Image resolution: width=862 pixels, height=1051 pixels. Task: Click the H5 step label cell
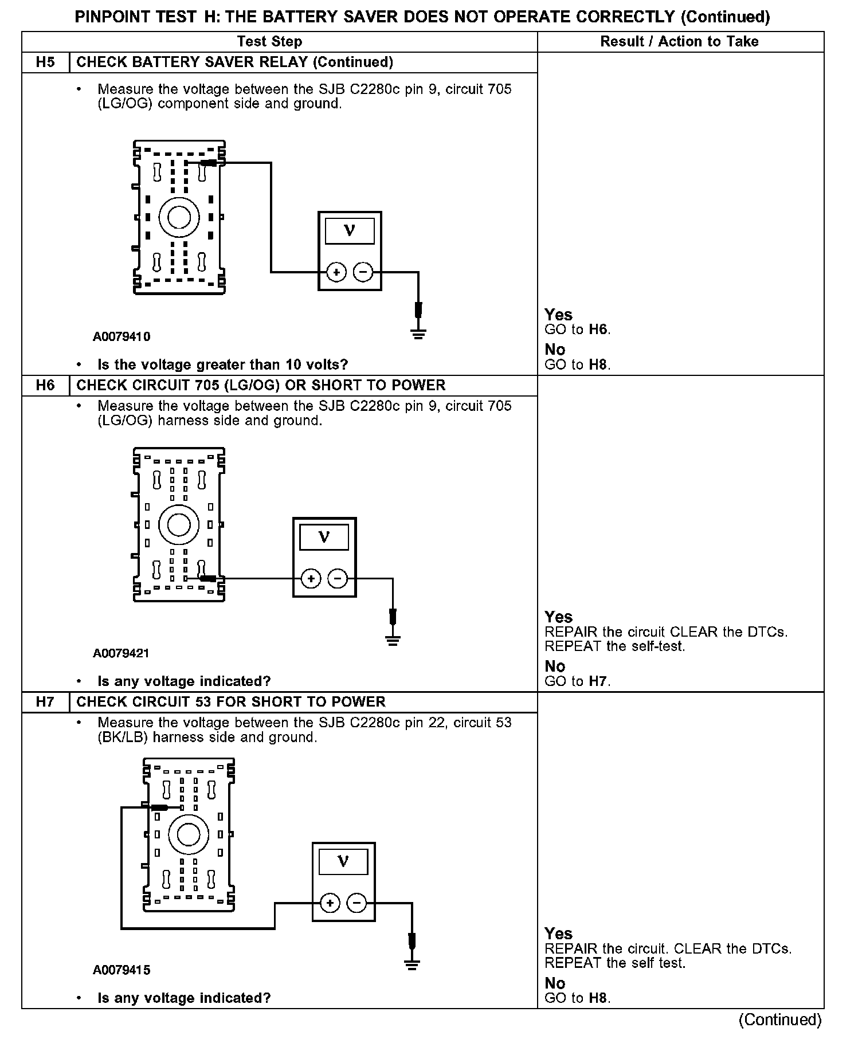click(45, 62)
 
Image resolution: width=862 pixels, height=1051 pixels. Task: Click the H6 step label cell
click(45, 385)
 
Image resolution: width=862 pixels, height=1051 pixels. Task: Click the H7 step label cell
click(45, 702)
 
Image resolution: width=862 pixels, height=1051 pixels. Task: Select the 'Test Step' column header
click(269, 41)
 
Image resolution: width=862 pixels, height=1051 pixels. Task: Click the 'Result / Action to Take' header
click(679, 41)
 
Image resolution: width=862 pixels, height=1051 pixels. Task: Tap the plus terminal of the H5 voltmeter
click(336, 272)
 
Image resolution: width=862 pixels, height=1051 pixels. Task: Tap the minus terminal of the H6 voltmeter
click(338, 579)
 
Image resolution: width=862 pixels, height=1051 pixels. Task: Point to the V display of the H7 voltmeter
click(343, 861)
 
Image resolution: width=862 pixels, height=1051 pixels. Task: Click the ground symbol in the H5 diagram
click(419, 333)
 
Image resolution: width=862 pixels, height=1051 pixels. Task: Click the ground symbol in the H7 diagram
click(412, 964)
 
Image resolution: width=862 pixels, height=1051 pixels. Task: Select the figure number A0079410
click(122, 336)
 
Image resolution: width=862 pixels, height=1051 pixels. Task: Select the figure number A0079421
click(122, 653)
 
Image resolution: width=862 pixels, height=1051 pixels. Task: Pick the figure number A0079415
click(122, 970)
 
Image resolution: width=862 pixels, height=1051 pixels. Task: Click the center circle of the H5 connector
click(179, 217)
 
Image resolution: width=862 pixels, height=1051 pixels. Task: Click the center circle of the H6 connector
click(179, 524)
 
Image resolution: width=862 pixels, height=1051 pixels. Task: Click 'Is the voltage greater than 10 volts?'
click(223, 364)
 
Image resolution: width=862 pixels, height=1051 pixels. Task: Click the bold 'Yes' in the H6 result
click(559, 617)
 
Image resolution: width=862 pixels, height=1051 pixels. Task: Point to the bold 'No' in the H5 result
click(555, 350)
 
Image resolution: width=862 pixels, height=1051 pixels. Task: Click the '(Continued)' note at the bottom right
click(780, 1019)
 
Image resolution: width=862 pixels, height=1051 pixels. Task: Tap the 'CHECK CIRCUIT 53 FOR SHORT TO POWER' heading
click(231, 702)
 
